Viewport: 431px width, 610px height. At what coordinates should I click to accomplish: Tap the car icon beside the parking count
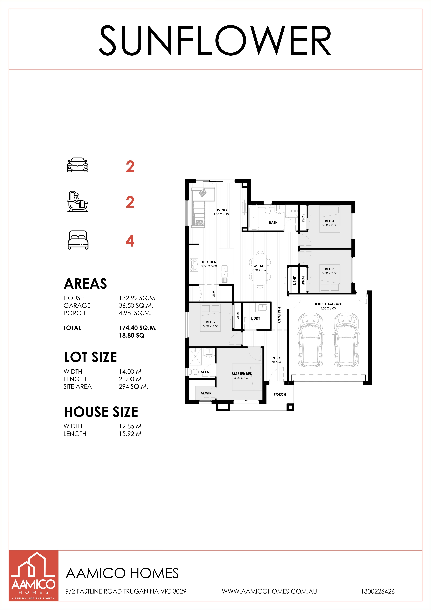pyautogui.click(x=78, y=165)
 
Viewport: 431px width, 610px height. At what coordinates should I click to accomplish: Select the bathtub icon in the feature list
pyautogui.click(x=78, y=201)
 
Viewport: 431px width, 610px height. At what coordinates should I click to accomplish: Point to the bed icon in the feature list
pyautogui.click(x=78, y=240)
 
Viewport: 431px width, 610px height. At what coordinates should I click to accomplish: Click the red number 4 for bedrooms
pyautogui.click(x=130, y=241)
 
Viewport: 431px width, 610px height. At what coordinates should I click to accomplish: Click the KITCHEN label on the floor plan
pyautogui.click(x=209, y=262)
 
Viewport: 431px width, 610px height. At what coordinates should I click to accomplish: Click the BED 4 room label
pyautogui.click(x=330, y=221)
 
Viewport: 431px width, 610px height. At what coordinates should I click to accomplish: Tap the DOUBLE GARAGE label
pyautogui.click(x=328, y=304)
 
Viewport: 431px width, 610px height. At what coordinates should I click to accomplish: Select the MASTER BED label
pyautogui.click(x=242, y=374)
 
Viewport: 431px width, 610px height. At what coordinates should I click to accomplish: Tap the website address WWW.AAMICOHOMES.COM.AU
pyautogui.click(x=269, y=591)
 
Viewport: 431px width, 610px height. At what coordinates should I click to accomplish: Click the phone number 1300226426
pyautogui.click(x=378, y=591)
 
